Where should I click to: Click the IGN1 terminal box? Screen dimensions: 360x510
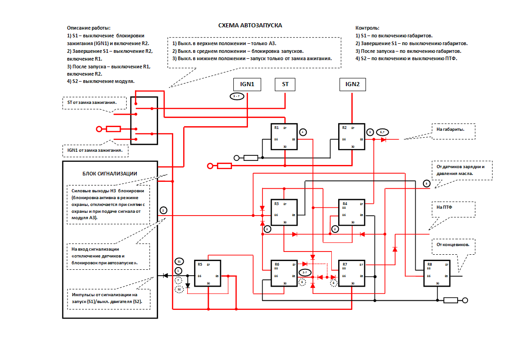click(x=247, y=84)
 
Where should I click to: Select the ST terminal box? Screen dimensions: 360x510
click(x=285, y=84)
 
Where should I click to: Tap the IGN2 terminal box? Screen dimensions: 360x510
click(x=352, y=84)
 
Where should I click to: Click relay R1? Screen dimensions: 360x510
click(x=284, y=136)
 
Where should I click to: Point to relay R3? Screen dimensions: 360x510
click(x=284, y=212)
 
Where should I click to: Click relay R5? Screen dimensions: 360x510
click(x=207, y=273)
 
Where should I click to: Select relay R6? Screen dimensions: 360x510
click(x=284, y=273)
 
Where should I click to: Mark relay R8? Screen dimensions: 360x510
click(x=437, y=273)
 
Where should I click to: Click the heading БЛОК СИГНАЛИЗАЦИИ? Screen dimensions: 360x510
click(x=110, y=173)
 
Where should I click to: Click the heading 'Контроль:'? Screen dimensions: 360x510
click(x=367, y=28)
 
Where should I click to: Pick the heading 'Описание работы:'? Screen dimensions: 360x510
click(x=88, y=28)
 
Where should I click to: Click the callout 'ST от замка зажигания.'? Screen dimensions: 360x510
click(x=95, y=102)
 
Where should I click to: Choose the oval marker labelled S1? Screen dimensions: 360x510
click(x=179, y=262)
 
